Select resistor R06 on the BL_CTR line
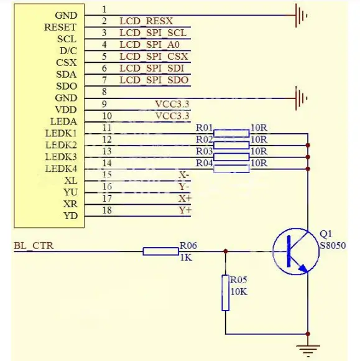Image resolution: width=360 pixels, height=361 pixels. pos(160,251)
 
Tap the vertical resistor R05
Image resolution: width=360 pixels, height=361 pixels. pos(225,293)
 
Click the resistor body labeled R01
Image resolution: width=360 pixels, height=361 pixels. pos(231,133)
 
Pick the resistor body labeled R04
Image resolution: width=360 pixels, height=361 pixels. pos(231,168)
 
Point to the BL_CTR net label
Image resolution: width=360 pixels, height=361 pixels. pos(34,246)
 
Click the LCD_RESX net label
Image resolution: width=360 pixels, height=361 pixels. pos(146,21)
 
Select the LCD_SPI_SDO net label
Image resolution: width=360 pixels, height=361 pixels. pos(154,80)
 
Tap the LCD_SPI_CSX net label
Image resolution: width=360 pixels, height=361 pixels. pos(154,57)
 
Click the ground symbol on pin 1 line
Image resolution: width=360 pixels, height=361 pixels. pos(302,15)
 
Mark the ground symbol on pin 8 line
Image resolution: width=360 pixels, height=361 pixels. pos(302,97)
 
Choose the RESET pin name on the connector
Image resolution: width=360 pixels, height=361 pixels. pos(60,27)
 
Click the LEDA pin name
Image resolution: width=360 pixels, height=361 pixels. pos(63,121)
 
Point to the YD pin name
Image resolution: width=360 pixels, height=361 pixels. pos(70,216)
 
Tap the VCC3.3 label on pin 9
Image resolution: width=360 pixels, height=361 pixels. pos(172,104)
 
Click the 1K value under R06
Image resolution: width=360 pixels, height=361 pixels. pos(187,257)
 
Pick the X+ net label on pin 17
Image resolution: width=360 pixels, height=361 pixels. pos(185,198)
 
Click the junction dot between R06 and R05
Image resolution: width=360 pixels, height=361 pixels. pos(225,251)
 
